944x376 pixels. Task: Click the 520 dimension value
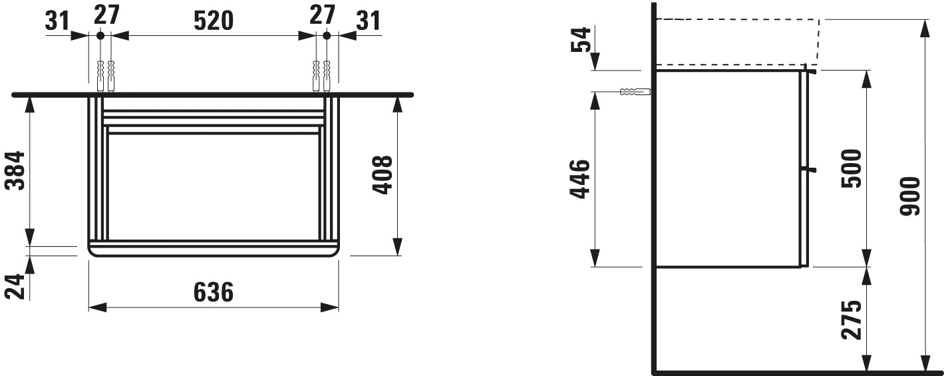(x=214, y=21)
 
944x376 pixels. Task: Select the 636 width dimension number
(x=214, y=292)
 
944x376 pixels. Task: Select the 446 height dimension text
(x=580, y=179)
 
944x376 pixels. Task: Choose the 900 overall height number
(x=911, y=196)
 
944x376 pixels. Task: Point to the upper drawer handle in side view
(x=810, y=69)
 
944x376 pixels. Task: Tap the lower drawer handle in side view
(x=809, y=170)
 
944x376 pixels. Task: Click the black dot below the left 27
(x=100, y=35)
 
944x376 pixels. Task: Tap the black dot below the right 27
(x=326, y=35)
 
